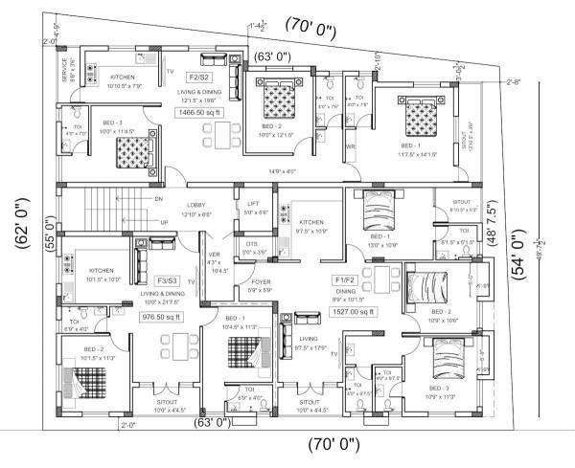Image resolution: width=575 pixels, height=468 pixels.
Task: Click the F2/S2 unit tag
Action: (x=199, y=76)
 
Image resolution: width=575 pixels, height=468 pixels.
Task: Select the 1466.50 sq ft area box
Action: (x=198, y=112)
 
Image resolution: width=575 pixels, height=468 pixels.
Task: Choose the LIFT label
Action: (x=253, y=204)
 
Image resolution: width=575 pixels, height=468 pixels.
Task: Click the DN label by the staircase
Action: (x=158, y=198)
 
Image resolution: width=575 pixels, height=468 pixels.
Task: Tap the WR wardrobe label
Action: (x=350, y=146)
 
